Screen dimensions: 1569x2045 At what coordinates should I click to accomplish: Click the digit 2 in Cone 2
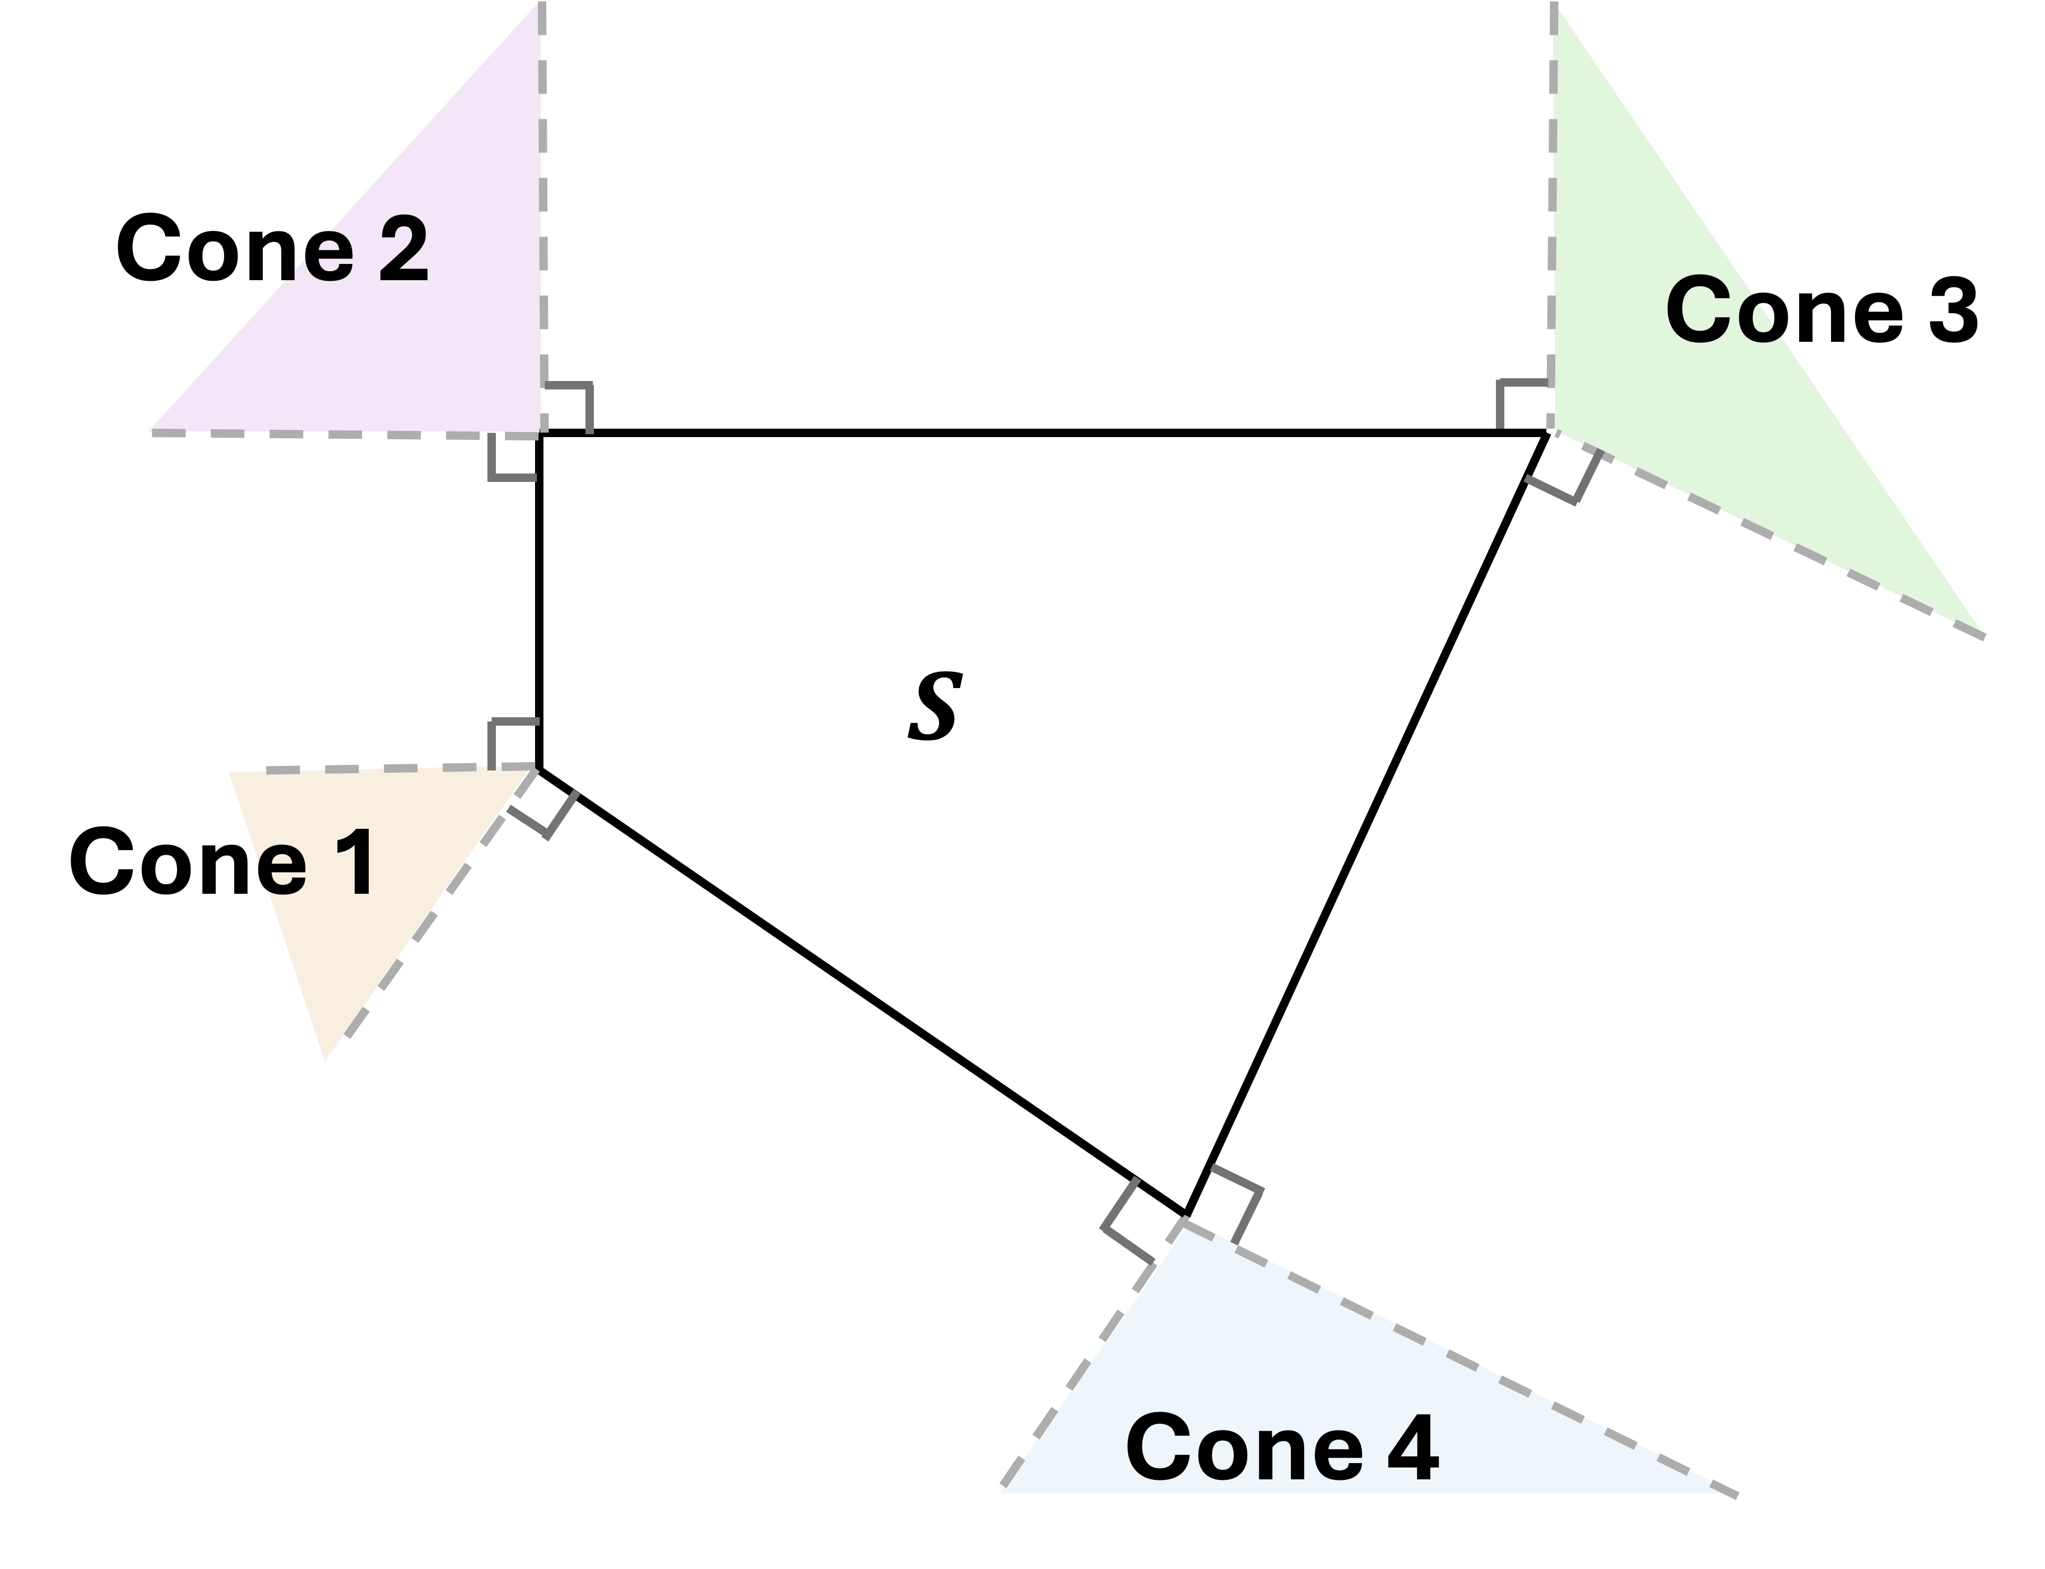point(403,248)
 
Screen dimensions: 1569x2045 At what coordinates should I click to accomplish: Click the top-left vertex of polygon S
point(540,433)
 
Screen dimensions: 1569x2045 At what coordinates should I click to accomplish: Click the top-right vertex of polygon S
point(1546,433)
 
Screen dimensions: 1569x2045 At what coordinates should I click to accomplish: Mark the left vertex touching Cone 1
point(540,769)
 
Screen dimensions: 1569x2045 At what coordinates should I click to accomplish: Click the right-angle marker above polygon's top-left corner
point(568,407)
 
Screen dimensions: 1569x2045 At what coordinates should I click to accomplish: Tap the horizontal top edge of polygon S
point(1027,433)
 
